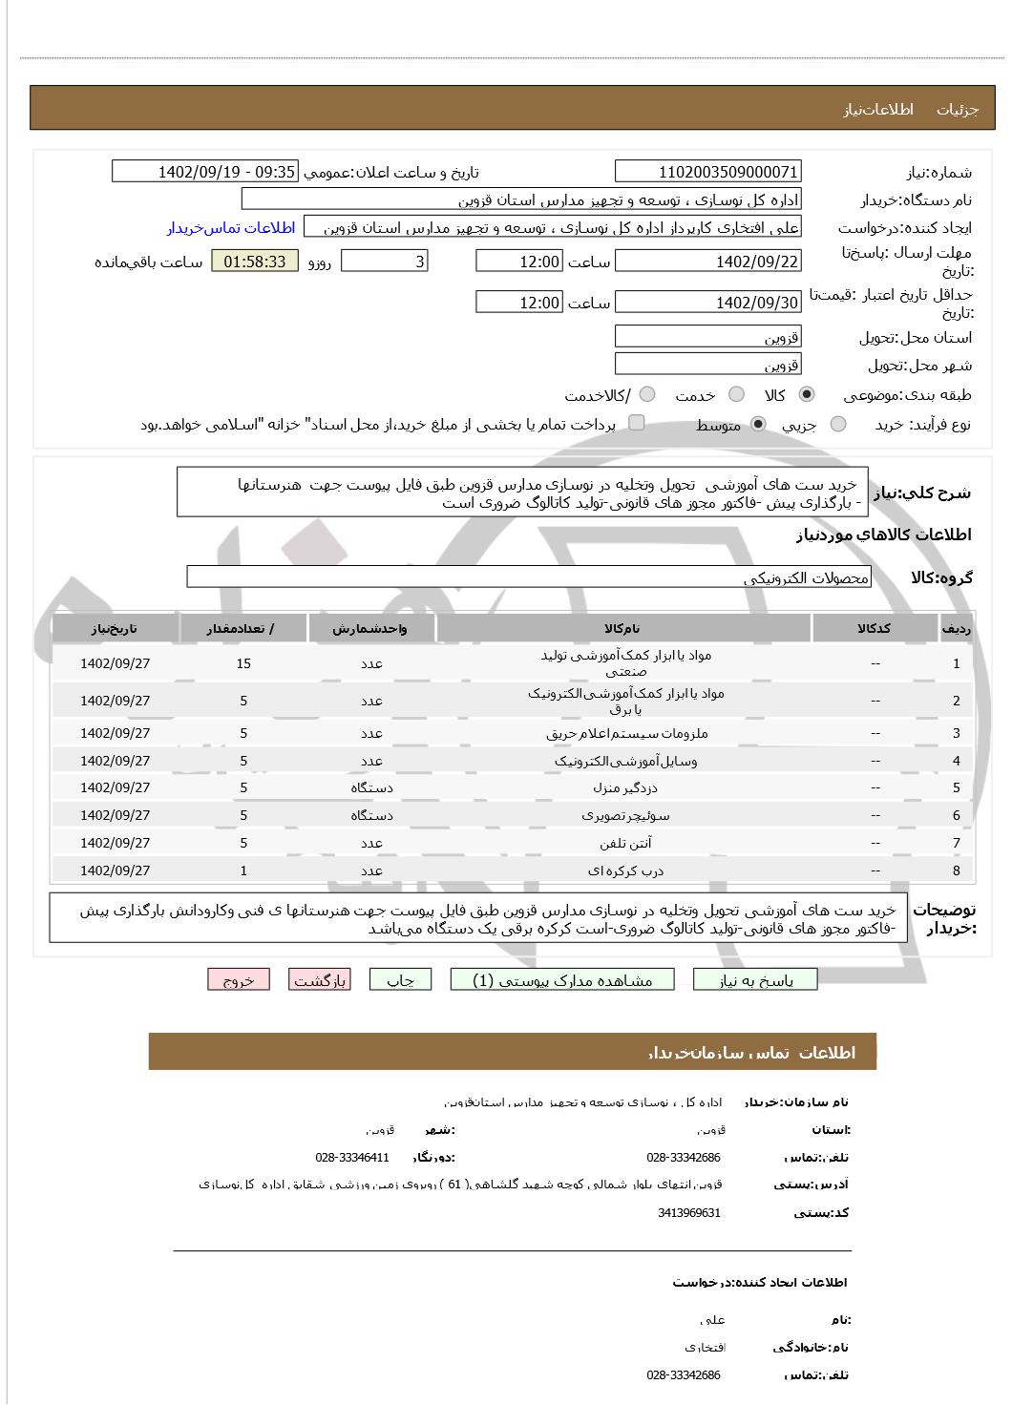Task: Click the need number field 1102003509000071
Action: [x=707, y=172]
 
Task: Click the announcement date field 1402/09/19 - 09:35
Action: [x=204, y=172]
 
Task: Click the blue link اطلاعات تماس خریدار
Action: [x=231, y=228]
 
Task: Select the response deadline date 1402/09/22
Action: [x=707, y=262]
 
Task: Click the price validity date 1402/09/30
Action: [x=707, y=303]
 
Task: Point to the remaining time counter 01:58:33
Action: [x=254, y=262]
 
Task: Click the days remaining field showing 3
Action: [x=384, y=262]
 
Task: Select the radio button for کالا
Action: [x=807, y=395]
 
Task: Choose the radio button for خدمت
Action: [x=736, y=395]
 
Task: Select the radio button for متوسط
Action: [x=759, y=425]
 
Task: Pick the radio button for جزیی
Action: [x=838, y=425]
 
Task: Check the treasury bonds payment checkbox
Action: [x=637, y=423]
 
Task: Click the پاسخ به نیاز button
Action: [x=755, y=980]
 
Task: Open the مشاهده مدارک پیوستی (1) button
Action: [x=562, y=980]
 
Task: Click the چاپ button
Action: [x=400, y=980]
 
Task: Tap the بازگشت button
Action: [x=319, y=980]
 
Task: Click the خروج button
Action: [x=238, y=980]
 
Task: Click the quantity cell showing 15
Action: [x=243, y=663]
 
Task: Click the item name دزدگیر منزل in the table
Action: [x=625, y=788]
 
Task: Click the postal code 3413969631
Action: [x=688, y=1213]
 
